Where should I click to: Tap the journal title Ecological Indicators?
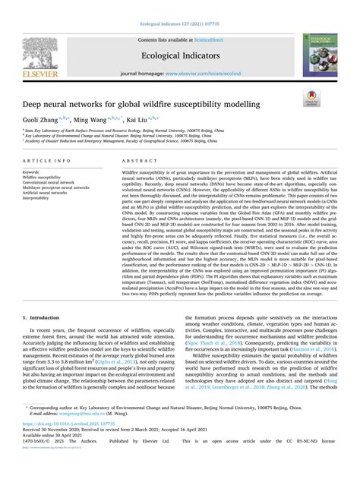point(179,54)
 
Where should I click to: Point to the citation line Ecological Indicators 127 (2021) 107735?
point(179,24)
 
